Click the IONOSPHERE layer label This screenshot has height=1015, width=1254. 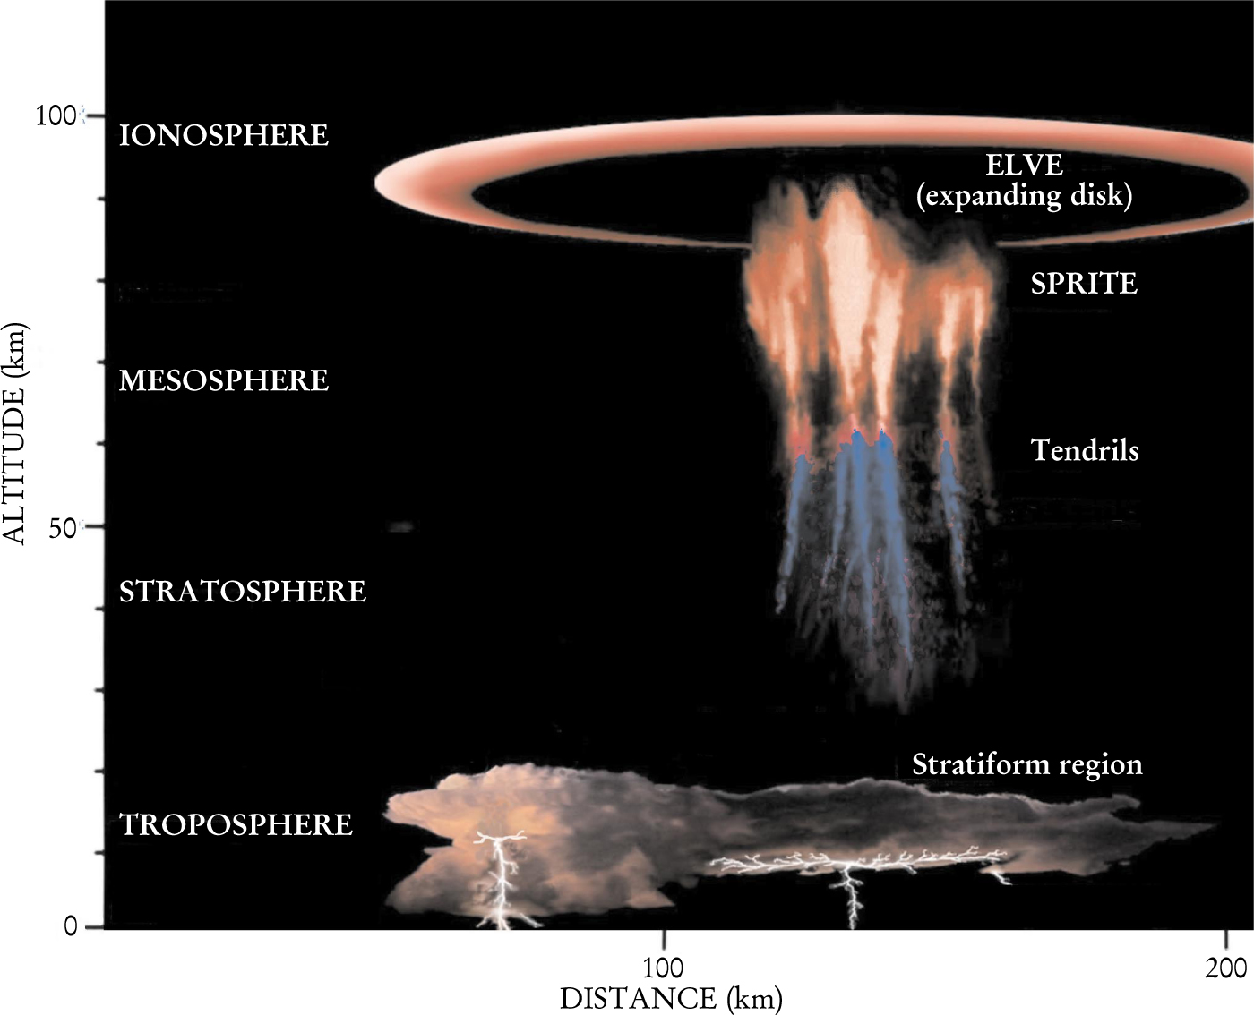pos(224,135)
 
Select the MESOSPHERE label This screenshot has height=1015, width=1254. pos(224,380)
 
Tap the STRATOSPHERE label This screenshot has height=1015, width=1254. pos(243,592)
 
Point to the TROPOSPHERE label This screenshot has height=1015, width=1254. pos(236,824)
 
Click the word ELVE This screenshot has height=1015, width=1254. pos(1024,165)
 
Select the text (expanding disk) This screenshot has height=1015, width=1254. pos(1024,195)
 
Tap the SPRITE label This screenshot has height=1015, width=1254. pos(1084,284)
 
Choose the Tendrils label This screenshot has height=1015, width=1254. pos(1085,449)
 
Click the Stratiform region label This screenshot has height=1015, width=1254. pos(1027,764)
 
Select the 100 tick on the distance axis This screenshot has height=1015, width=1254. pos(663,968)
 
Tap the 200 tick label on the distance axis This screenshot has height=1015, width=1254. pos(1225,968)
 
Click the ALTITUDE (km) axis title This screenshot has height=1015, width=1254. pos(15,431)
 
